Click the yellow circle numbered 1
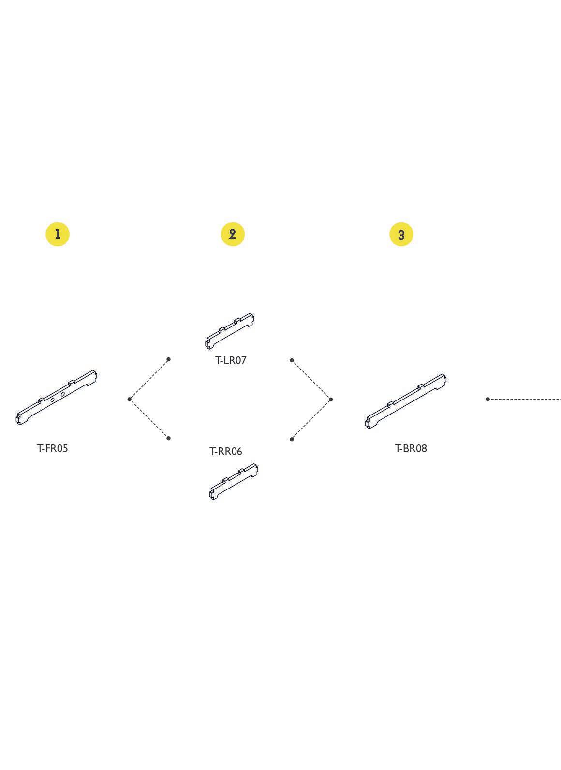click(58, 235)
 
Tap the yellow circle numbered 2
click(233, 235)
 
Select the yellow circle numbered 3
click(401, 235)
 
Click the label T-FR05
click(52, 448)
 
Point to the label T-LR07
click(231, 360)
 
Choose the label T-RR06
click(225, 451)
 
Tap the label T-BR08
click(411, 448)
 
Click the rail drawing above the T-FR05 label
click(56, 398)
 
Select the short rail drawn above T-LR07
click(230, 331)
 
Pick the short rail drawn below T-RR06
click(234, 482)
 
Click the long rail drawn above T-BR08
click(405, 401)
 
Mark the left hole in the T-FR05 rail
click(53, 400)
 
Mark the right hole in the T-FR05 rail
click(63, 394)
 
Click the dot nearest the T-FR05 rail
click(129, 399)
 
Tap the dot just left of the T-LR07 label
click(168, 359)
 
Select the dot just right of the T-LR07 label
click(292, 360)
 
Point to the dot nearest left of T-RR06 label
click(168, 438)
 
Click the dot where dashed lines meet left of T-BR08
click(331, 400)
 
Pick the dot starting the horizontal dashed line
click(487, 399)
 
